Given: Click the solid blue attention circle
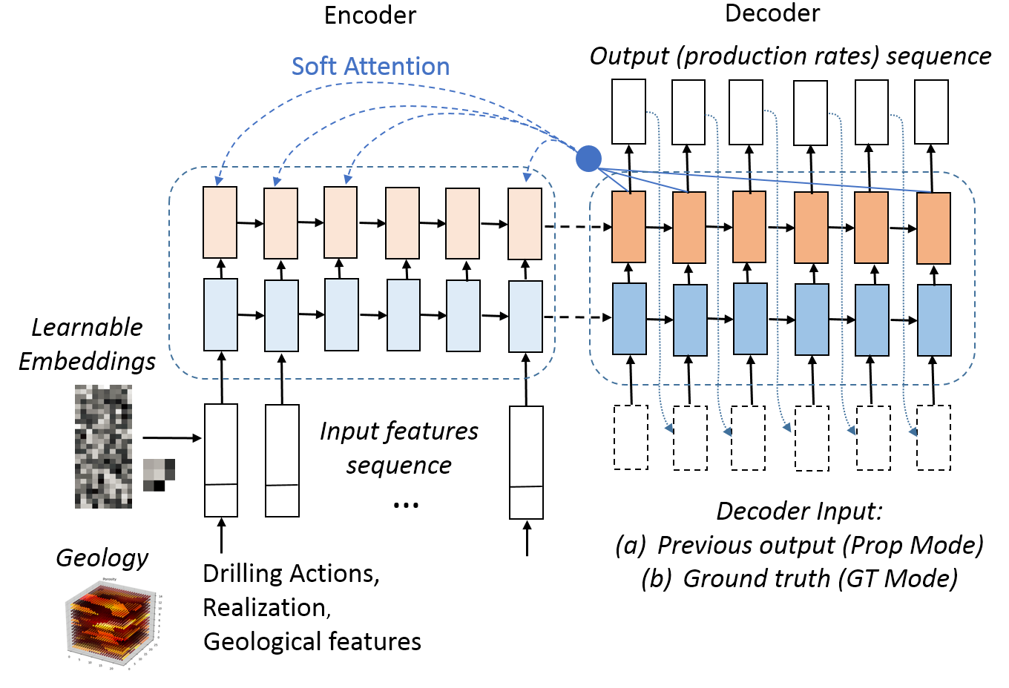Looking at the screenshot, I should click(x=588, y=158).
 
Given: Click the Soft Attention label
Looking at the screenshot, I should click(x=370, y=66).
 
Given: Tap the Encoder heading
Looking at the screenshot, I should click(x=370, y=16).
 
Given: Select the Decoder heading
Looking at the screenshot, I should click(x=772, y=13).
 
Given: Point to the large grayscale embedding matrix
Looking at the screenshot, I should click(x=103, y=446).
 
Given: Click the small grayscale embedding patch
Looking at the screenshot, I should click(x=159, y=474).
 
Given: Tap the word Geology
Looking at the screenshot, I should click(x=102, y=558).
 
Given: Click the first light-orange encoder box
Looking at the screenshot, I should click(x=220, y=222).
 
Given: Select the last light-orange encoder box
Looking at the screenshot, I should click(x=525, y=223).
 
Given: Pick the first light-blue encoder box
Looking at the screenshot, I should click(x=220, y=314).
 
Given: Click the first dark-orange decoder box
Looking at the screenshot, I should click(x=628, y=226).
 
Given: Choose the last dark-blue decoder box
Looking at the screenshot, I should click(x=934, y=320).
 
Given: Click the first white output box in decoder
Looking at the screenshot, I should click(x=628, y=111).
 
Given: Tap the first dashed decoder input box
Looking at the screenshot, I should click(x=631, y=437).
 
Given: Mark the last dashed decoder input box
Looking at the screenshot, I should click(x=933, y=437).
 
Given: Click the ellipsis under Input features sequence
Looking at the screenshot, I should click(x=406, y=505).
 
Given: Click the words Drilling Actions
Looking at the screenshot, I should click(x=290, y=573).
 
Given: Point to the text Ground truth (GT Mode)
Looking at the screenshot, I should click(x=820, y=578).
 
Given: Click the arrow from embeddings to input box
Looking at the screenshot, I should click(x=172, y=438).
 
